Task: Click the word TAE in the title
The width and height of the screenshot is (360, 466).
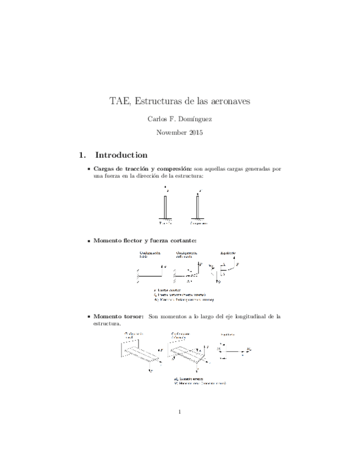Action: pyautogui.click(x=119, y=102)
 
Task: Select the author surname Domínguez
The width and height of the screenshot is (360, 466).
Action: pyautogui.click(x=195, y=119)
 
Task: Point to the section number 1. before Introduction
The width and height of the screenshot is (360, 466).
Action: pyautogui.click(x=83, y=155)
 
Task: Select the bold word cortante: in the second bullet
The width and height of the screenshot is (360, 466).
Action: pyautogui.click(x=179, y=241)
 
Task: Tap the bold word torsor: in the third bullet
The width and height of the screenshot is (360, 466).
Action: pyautogui.click(x=131, y=317)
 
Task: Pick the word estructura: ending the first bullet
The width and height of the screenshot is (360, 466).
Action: pyautogui.click(x=187, y=176)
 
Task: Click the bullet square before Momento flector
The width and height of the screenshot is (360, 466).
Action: pyautogui.click(x=88, y=241)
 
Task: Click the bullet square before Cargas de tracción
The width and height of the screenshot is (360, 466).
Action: pyautogui.click(x=88, y=169)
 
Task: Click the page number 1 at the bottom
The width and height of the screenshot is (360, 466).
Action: pyautogui.click(x=180, y=411)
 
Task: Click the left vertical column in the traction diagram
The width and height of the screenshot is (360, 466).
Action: pyautogui.click(x=165, y=208)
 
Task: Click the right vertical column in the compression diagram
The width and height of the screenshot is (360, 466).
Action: pyautogui.click(x=197, y=208)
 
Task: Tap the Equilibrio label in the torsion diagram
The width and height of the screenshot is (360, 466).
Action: pyautogui.click(x=226, y=334)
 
